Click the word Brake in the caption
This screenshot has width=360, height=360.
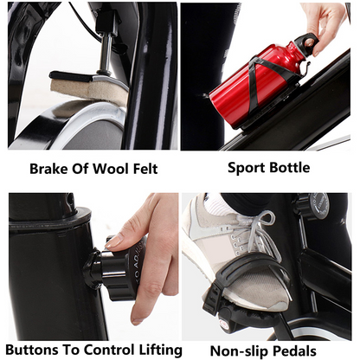point(48,169)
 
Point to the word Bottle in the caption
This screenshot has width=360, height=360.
point(289,168)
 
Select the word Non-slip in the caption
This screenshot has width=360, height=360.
point(240,351)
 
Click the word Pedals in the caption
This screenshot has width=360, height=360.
point(294,351)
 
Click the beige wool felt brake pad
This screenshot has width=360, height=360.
point(87,89)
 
